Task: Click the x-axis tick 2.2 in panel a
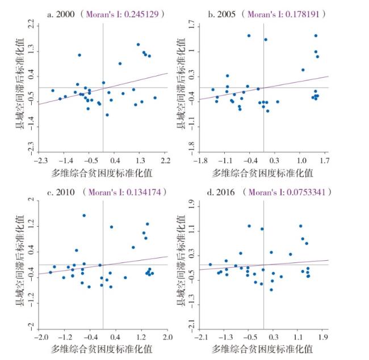tap(166, 160)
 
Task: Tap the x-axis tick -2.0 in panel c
tap(40, 337)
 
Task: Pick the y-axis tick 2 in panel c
tap(32, 200)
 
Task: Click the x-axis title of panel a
tap(102, 172)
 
